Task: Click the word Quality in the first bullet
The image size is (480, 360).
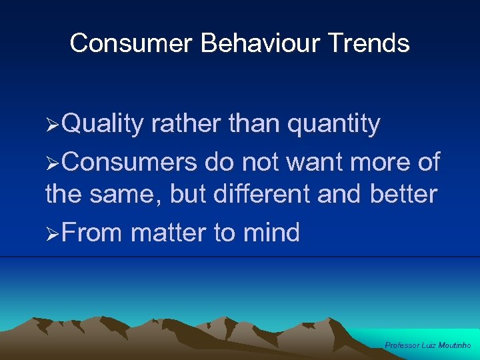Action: [x=105, y=124]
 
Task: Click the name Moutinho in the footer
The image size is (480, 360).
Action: [x=454, y=345]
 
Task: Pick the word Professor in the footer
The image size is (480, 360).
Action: [x=402, y=345]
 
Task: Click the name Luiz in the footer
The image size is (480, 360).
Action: [x=429, y=345]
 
